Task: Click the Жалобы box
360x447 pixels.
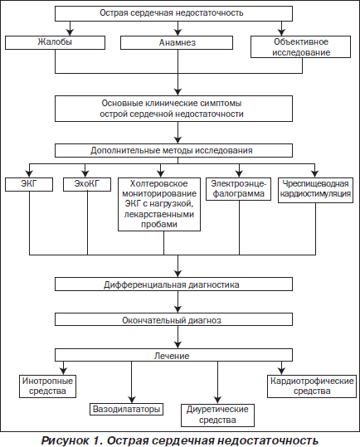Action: [55, 42]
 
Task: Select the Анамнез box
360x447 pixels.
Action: [177, 42]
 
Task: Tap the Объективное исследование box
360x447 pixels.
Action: [301, 47]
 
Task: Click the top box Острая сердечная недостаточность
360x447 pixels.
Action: [173, 13]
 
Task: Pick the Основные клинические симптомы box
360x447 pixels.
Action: [173, 109]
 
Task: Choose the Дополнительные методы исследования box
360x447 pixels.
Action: [173, 150]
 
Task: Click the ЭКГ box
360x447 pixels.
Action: [29, 184]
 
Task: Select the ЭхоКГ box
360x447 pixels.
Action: [87, 184]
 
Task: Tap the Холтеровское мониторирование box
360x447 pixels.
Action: [159, 204]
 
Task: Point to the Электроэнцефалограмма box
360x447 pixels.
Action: [239, 189]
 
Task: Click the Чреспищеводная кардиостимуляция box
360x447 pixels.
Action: [315, 190]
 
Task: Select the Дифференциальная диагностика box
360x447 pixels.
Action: [173, 284]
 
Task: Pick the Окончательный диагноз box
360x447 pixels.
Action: [173, 319]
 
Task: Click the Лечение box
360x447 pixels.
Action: [173, 355]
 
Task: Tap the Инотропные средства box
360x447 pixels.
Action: [47, 386]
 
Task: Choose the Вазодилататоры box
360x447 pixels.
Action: [127, 410]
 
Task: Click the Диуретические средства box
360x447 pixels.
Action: [217, 415]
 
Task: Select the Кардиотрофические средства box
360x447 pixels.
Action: [312, 386]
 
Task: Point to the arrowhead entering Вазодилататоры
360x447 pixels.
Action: [131, 400]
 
